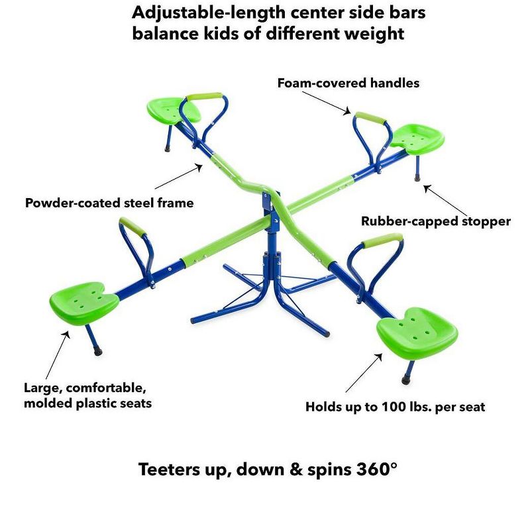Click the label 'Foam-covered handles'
point(348,83)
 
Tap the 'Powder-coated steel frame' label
point(109,203)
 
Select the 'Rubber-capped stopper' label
point(435,221)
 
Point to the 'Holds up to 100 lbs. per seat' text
point(395,407)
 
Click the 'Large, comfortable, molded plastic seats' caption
point(87,395)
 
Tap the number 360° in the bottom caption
point(374,470)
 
